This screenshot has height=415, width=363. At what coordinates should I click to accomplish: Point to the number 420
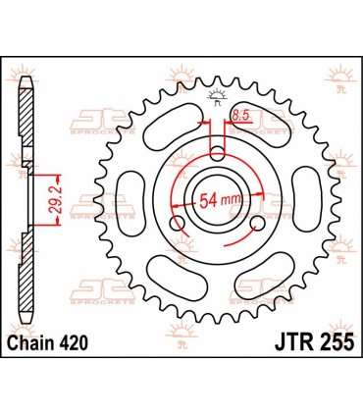point(78,340)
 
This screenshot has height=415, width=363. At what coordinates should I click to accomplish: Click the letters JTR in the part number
point(284,340)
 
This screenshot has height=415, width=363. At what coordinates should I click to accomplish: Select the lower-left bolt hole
point(177,225)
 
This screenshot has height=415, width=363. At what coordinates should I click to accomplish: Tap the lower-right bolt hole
point(257,225)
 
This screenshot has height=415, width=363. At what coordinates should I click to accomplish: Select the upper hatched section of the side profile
point(28,118)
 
